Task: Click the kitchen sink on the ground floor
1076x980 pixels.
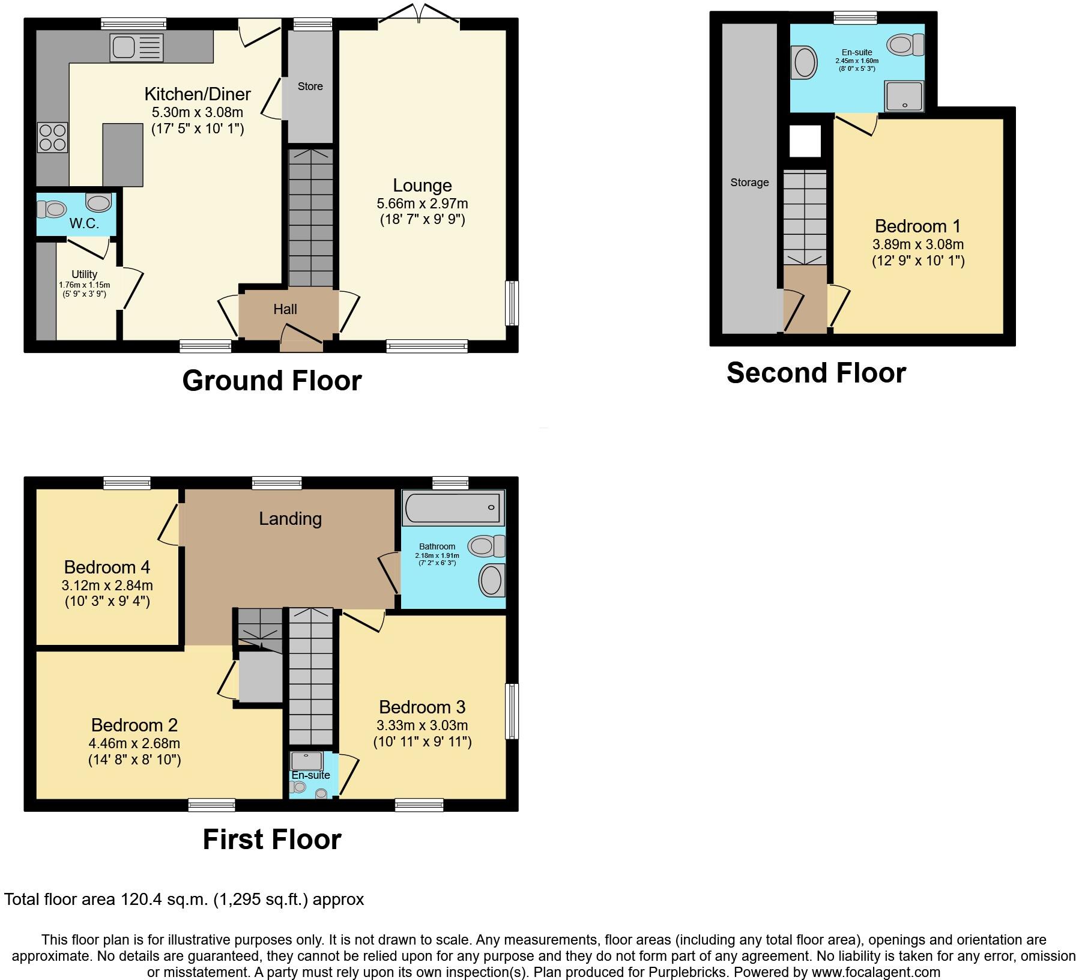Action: tap(136, 48)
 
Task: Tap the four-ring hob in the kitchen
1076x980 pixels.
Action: tap(52, 138)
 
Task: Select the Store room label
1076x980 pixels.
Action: tap(310, 86)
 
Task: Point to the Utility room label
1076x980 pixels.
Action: tap(84, 274)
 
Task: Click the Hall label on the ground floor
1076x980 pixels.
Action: tap(285, 309)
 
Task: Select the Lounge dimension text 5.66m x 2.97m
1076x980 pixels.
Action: tap(422, 204)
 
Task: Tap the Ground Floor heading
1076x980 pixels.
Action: tap(271, 381)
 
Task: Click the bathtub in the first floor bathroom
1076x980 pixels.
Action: tap(453, 508)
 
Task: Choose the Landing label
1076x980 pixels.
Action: tap(290, 519)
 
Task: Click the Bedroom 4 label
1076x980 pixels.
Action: tap(107, 567)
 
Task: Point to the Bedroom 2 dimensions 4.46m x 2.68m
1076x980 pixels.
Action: tap(134, 743)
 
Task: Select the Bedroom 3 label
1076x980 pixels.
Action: tap(422, 707)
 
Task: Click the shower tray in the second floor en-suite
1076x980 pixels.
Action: tap(904, 96)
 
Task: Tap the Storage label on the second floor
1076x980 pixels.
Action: tap(749, 183)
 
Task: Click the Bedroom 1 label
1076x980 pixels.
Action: tap(917, 226)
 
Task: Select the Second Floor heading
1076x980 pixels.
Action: tap(815, 373)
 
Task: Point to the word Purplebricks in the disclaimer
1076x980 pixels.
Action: tap(686, 972)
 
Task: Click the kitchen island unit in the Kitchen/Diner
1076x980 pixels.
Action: tap(122, 154)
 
